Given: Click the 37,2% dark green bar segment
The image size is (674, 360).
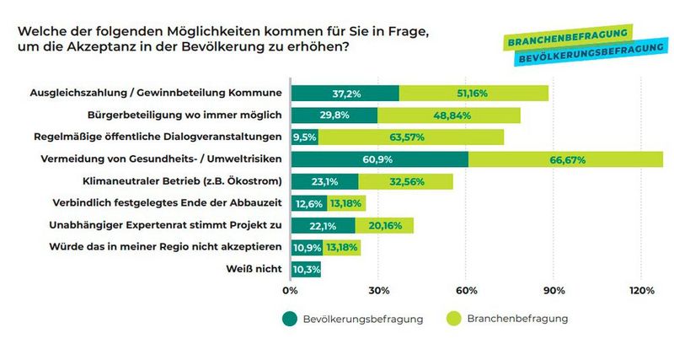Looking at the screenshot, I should (x=345, y=92).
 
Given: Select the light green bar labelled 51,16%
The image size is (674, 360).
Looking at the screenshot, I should (x=473, y=92).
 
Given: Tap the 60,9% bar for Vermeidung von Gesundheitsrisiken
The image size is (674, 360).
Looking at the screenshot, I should (x=379, y=159).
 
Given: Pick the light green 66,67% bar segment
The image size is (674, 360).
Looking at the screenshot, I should (x=565, y=159).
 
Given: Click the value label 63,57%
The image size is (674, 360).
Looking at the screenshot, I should (x=411, y=137).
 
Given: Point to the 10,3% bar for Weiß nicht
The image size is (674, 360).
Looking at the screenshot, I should (x=305, y=269).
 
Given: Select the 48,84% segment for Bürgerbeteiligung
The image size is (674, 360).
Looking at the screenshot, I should (x=448, y=114).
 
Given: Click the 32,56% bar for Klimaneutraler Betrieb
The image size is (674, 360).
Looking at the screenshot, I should (x=405, y=180).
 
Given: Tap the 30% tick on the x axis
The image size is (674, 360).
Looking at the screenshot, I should (x=378, y=291).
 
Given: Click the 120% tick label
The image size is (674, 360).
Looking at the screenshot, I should (x=640, y=291).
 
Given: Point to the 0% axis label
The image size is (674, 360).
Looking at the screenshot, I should (x=291, y=291).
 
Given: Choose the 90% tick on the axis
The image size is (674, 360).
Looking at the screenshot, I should (x=554, y=291).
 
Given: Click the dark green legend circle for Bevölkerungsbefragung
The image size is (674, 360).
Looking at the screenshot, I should (x=289, y=319).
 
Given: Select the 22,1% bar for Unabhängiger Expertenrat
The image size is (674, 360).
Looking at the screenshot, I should (x=323, y=224).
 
